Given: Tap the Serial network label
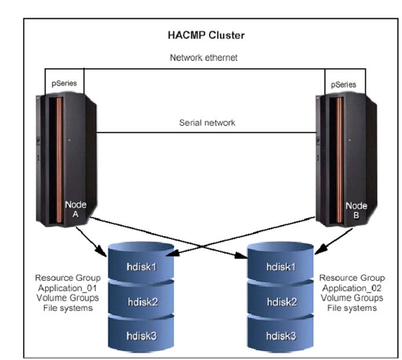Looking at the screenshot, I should coord(207,123).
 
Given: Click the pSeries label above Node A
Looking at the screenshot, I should coord(65,83).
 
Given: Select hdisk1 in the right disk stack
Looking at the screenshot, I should coord(280,267).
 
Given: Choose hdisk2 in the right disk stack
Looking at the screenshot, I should coord(280,301).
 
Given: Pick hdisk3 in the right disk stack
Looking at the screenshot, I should coord(280,335).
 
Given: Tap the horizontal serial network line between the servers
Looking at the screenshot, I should coord(207,133).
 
